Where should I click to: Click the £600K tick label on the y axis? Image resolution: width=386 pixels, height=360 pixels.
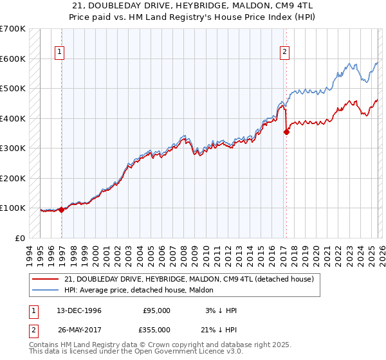point(13,59)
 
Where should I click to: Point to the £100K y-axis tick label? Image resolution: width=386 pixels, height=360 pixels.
point(13,208)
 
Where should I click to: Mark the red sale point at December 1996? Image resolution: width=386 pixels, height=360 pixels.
point(62,209)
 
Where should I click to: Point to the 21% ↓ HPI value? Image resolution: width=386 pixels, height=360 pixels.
point(220,329)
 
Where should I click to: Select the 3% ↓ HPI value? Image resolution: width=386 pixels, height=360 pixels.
point(220,310)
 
